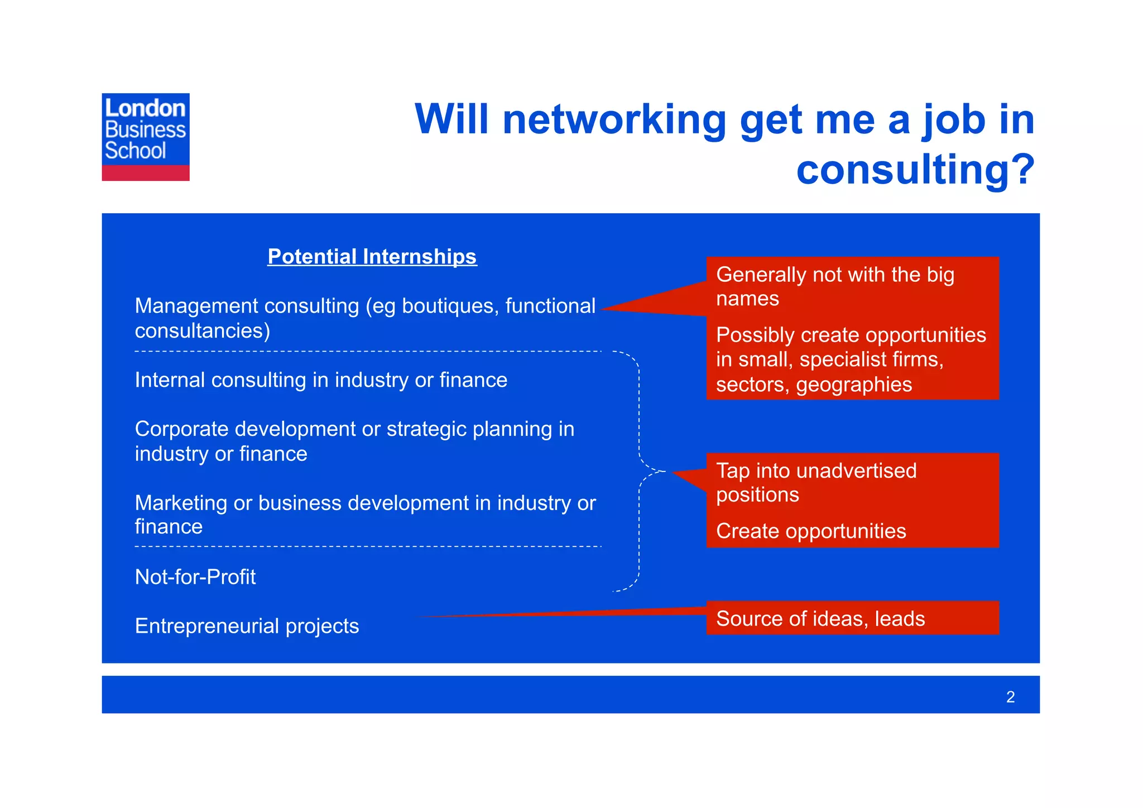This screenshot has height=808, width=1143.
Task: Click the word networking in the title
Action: click(x=614, y=119)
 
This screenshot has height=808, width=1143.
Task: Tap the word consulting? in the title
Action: click(x=915, y=169)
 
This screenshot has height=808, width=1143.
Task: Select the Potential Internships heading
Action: click(x=372, y=257)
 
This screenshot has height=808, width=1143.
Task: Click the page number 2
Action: click(x=1010, y=697)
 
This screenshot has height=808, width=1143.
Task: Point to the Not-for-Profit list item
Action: click(x=195, y=577)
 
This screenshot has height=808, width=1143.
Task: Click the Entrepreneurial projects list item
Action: click(x=247, y=626)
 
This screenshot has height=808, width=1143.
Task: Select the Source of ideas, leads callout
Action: click(x=820, y=619)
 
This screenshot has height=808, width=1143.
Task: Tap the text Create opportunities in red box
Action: click(x=810, y=531)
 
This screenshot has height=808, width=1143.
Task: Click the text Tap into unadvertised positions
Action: click(x=816, y=482)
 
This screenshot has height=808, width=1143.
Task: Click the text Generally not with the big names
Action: click(x=835, y=286)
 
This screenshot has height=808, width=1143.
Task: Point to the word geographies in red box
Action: click(x=854, y=385)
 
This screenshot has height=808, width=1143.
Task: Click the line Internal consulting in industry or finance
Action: click(x=321, y=381)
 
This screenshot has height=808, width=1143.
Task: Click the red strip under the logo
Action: click(x=145, y=173)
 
